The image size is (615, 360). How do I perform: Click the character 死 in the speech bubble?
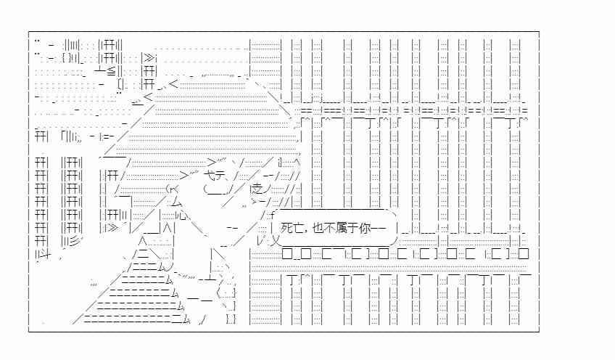(286, 228)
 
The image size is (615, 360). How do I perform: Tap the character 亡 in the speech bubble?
(299, 228)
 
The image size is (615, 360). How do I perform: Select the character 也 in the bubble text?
(318, 228)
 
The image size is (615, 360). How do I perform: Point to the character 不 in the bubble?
(330, 228)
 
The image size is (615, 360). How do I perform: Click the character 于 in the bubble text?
(353, 228)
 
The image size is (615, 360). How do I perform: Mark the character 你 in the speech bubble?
(366, 228)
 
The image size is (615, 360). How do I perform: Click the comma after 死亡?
(306, 232)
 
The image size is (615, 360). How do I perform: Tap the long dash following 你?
(379, 228)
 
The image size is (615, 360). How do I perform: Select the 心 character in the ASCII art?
(183, 215)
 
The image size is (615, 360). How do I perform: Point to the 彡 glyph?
(74, 241)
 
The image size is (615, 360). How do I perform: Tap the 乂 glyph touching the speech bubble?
(276, 240)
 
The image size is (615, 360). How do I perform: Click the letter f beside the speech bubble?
(272, 214)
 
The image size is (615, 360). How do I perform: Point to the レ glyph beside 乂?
(261, 240)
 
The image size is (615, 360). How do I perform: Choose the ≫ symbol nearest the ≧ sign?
(149, 58)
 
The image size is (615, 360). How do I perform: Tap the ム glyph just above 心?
(176, 202)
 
